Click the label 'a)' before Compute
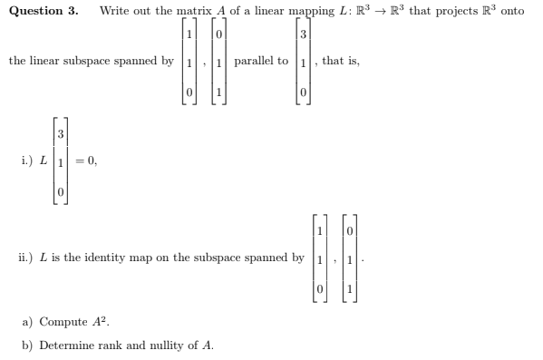point(26,322)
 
